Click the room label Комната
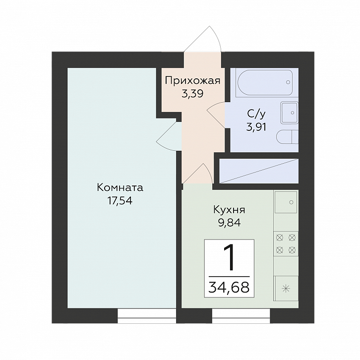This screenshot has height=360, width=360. [x=120, y=187]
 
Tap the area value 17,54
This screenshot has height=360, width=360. [x=120, y=201]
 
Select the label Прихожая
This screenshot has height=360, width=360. [x=192, y=81]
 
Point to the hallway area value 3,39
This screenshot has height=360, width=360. [x=192, y=94]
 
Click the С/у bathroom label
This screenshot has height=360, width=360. [x=256, y=114]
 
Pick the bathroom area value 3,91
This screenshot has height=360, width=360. [x=256, y=127]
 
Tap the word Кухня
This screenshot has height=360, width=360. [x=230, y=210]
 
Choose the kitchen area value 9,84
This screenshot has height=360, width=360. [x=230, y=223]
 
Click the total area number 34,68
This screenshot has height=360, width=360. [x=229, y=287]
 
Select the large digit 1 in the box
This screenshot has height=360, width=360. [x=230, y=257]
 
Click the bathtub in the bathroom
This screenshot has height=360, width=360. [x=265, y=82]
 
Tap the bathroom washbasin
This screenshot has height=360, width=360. [x=289, y=113]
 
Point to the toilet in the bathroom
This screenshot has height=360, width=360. [x=287, y=137]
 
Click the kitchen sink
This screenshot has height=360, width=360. [x=286, y=202]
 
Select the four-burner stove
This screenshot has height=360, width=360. [x=286, y=244]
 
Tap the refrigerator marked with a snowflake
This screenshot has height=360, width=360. [x=286, y=289]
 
